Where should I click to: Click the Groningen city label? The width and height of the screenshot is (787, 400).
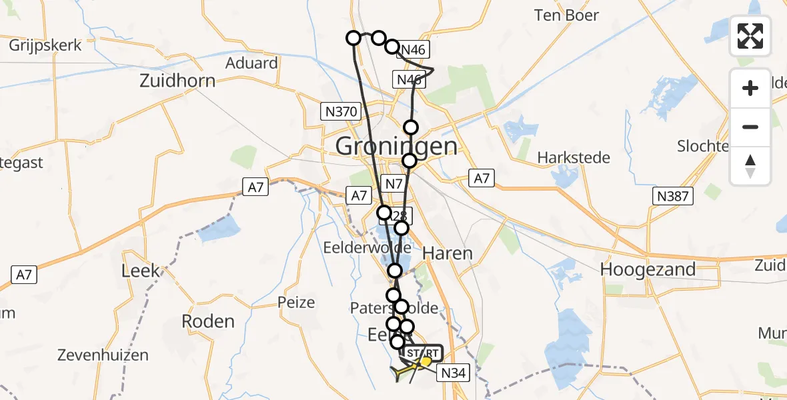pos(397,145)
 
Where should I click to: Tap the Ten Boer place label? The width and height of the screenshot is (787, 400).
pos(566,15)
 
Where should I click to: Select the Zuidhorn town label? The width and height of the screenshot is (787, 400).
pos(177,81)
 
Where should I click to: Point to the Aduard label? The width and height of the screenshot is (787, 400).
pos(251,63)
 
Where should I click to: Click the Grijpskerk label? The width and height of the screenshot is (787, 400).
pos(45,45)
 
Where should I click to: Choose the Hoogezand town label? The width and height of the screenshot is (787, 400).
pos(648,269)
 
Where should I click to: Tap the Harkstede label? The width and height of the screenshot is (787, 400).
pos(574,158)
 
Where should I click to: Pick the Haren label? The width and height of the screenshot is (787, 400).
pos(448,253)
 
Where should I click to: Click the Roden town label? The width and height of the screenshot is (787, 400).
pos(208,321)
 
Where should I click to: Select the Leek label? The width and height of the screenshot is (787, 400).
pos(141,270)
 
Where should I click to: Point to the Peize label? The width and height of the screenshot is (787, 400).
pos(296,303)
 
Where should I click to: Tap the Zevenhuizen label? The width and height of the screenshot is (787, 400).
pos(93,355)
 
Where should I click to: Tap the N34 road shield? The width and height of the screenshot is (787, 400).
pos(453,373)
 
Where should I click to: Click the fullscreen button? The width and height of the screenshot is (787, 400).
pos(750,35)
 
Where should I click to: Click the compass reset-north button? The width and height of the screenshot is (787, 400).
pos(750,166)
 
